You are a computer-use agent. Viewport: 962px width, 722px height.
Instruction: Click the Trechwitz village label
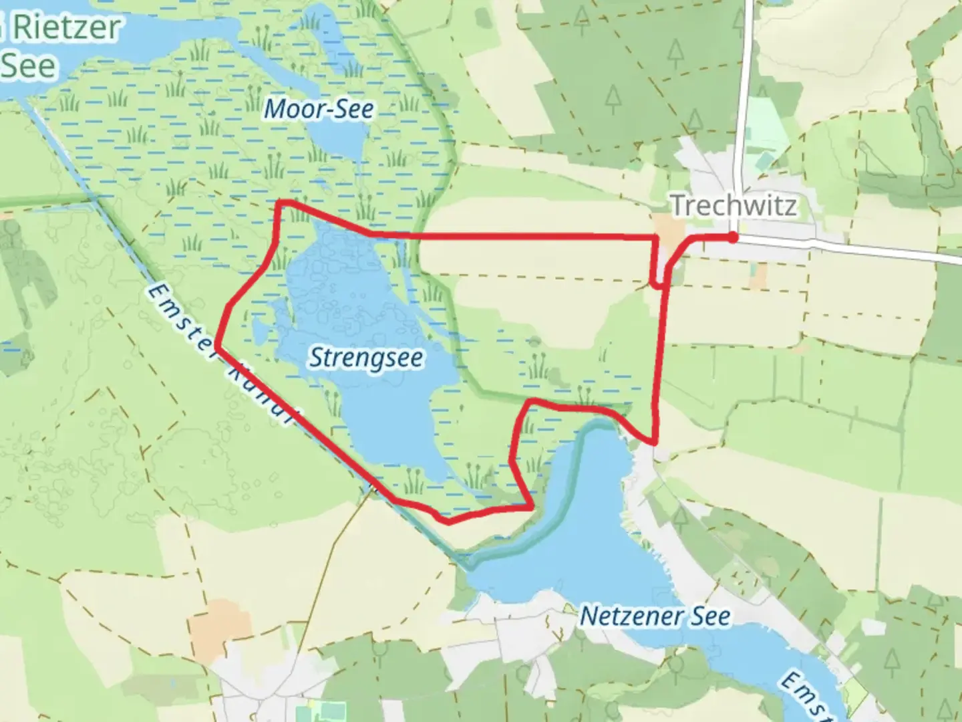pos(734,205)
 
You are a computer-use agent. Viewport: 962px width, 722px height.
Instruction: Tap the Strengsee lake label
pos(365,358)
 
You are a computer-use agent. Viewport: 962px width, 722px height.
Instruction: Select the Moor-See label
pos(319,109)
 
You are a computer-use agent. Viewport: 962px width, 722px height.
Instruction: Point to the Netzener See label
pos(654,616)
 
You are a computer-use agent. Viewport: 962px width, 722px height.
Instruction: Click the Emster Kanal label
pos(220,354)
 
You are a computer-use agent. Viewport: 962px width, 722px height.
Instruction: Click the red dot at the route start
pos(733,237)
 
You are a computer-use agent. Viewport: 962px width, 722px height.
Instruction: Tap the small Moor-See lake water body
pos(337,140)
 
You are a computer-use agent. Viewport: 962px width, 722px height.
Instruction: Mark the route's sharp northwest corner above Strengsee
pos(281,203)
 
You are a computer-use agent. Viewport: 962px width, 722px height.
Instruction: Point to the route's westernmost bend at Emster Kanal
pos(217,346)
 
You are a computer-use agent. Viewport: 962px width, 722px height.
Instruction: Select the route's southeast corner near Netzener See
pos(655,441)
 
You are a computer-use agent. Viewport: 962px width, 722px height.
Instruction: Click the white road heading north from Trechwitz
pos(742,100)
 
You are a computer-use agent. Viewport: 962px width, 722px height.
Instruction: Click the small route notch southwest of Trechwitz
pos(657,285)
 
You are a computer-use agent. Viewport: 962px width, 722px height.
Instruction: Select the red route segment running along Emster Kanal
pos(301,421)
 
